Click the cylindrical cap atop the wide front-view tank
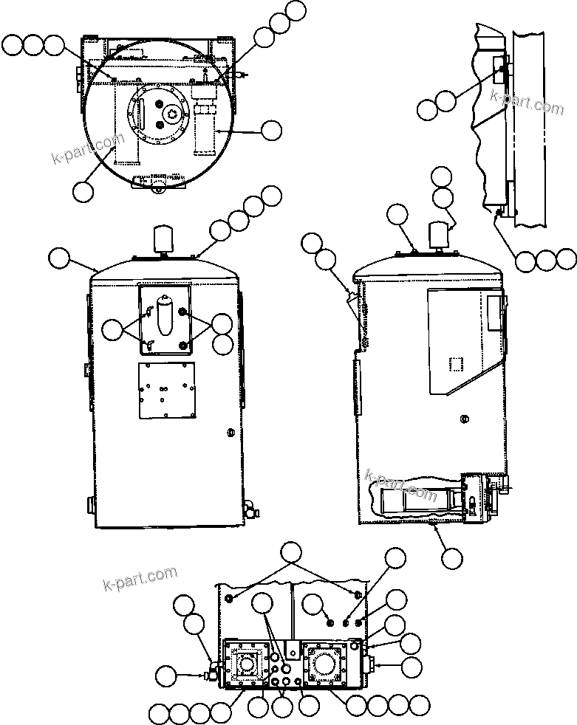pyautogui.click(x=161, y=239)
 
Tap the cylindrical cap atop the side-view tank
pyautogui.click(x=440, y=233)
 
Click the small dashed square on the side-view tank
pyautogui.click(x=456, y=365)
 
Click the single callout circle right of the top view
pyautogui.click(x=272, y=131)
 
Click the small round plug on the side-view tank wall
pyautogui.click(x=463, y=419)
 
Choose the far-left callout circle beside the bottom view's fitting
pyautogui.click(x=166, y=674)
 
